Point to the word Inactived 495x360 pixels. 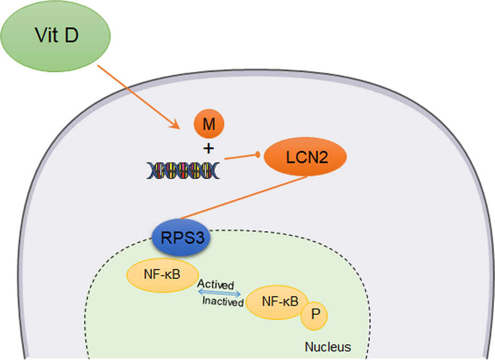pos(223,302)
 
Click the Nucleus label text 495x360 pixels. pos(327,346)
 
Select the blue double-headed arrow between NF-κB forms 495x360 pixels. pos(219,293)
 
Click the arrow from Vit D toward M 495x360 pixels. pos(136,95)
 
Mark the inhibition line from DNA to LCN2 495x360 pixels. pos(241,156)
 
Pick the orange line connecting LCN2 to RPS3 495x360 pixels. pos(244,198)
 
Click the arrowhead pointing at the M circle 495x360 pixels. pos(175,125)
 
